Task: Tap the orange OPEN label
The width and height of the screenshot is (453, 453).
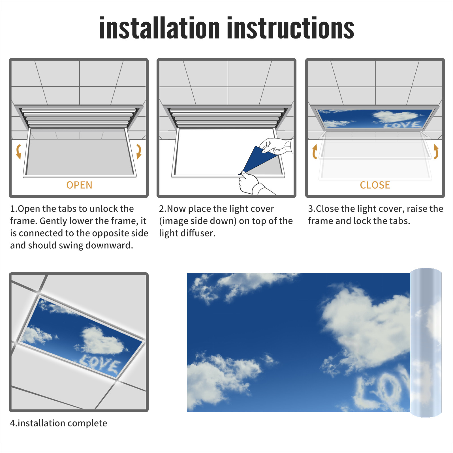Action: [x=79, y=185]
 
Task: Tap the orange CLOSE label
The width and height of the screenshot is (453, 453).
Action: [x=375, y=185]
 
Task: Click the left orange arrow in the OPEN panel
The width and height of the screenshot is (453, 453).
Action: [x=19, y=151]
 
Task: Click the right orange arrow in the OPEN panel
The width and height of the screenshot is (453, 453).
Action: [x=139, y=151]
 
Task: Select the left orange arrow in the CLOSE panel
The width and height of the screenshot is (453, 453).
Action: [x=315, y=151]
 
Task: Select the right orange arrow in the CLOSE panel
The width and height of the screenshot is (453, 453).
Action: [x=436, y=151]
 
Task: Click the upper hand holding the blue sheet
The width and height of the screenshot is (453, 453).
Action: [x=276, y=146]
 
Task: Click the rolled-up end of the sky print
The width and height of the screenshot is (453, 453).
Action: [x=426, y=343]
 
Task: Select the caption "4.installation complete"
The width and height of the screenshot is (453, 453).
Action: [x=59, y=423]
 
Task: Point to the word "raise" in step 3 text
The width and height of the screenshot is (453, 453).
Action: [x=416, y=209]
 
